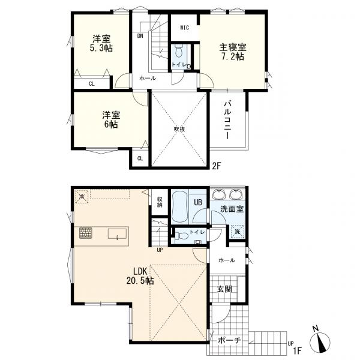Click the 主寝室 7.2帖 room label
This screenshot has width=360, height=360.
click(x=233, y=52)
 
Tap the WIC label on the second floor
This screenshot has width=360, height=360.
click(x=184, y=28)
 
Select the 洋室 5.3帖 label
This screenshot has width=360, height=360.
click(x=101, y=43)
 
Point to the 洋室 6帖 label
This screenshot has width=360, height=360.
click(x=111, y=119)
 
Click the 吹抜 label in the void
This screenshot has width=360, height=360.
click(x=179, y=129)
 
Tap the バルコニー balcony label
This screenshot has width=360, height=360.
click(x=227, y=120)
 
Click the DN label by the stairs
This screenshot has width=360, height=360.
click(x=140, y=36)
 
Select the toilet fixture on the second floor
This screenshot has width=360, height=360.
click(x=178, y=51)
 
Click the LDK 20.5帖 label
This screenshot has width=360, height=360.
click(x=140, y=276)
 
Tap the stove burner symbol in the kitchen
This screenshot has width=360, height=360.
click(x=86, y=233)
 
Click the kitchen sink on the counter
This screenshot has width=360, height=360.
click(x=117, y=234)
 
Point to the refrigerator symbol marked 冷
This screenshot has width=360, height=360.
click(x=82, y=196)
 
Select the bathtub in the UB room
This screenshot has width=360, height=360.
click(x=180, y=207)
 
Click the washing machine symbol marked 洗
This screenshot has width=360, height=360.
click(x=237, y=232)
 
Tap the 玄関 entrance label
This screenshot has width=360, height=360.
click(x=224, y=289)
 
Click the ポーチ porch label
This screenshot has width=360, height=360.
click(x=229, y=340)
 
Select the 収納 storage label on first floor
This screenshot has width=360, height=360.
click(x=160, y=202)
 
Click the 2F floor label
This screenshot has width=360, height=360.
click(x=216, y=166)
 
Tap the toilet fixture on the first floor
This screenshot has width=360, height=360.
click(x=180, y=236)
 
